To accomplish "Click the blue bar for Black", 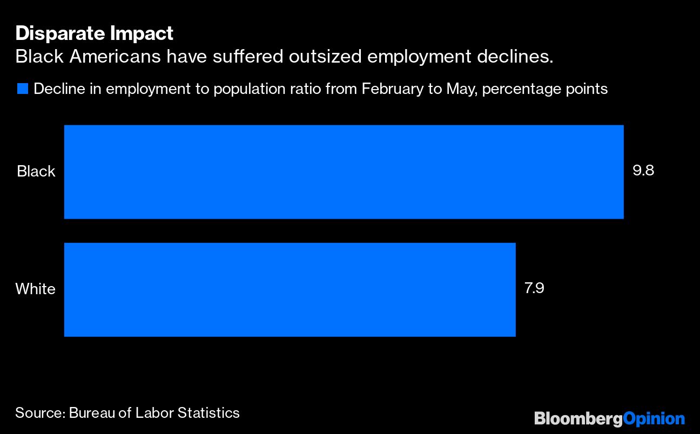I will [x=344, y=172].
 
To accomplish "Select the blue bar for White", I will [x=290, y=289].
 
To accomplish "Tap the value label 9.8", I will [x=643, y=171].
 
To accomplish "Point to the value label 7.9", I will [x=534, y=288].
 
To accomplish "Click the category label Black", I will [x=36, y=172].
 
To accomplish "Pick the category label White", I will [x=35, y=289].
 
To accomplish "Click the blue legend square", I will [x=22, y=89].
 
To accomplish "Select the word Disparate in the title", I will [x=60, y=33].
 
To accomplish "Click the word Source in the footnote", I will [x=38, y=413].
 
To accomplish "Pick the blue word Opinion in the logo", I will [x=654, y=419].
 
